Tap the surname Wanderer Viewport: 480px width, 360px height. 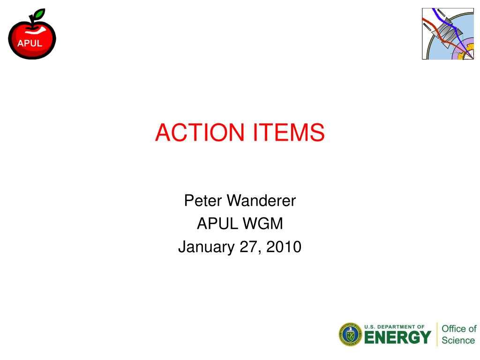[262, 201]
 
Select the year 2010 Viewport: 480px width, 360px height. [284, 247]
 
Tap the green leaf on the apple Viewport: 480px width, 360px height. [38, 15]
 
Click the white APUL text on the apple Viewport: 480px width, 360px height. [30, 43]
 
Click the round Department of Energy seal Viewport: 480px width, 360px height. [350, 335]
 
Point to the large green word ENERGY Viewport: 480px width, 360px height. [397, 337]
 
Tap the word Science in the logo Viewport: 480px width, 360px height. [458, 340]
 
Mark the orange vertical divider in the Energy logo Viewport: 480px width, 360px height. [436, 334]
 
